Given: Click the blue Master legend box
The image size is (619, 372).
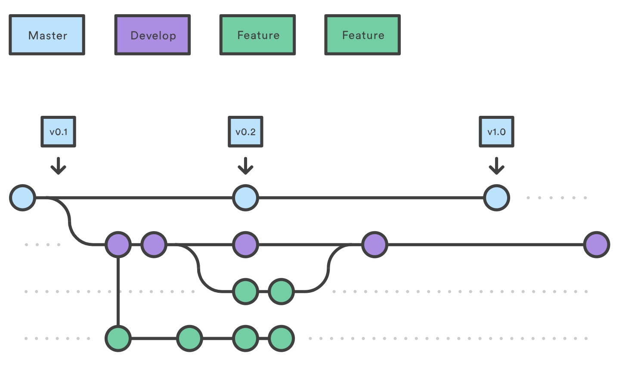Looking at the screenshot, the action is pyautogui.click(x=47, y=35).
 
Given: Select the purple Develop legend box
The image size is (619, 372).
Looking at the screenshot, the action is pyautogui.click(x=152, y=35).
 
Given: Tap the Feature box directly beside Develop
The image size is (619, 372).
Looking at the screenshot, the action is pyautogui.click(x=257, y=35).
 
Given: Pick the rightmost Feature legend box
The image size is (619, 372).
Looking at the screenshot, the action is pyautogui.click(x=362, y=35).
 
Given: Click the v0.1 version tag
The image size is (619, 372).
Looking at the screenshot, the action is pyautogui.click(x=58, y=132).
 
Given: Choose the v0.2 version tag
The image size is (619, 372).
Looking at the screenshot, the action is pyautogui.click(x=245, y=132).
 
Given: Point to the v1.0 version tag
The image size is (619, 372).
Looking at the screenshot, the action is pyautogui.click(x=497, y=132).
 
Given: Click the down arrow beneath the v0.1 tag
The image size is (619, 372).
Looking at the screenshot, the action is pyautogui.click(x=58, y=166).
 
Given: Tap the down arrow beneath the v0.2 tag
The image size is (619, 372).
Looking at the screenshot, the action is pyautogui.click(x=245, y=166).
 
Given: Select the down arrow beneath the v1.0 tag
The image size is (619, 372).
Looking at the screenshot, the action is pyautogui.click(x=497, y=166).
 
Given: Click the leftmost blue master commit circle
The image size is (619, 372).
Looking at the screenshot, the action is pyautogui.click(x=23, y=198).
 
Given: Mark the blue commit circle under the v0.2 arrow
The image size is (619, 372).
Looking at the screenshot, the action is pyautogui.click(x=245, y=198).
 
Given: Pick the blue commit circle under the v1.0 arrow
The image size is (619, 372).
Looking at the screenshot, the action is pyautogui.click(x=497, y=198).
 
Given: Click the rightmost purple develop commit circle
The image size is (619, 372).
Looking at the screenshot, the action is pyautogui.click(x=597, y=245).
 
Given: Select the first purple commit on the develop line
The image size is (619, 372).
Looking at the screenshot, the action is pyautogui.click(x=118, y=245).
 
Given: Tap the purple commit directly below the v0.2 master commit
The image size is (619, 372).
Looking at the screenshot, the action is pyautogui.click(x=245, y=245).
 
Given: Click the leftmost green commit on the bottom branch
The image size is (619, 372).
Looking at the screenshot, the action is pyautogui.click(x=118, y=338).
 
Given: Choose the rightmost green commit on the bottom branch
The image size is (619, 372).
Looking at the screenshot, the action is pyautogui.click(x=281, y=338).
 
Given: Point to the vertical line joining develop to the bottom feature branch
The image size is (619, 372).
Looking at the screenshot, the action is pyautogui.click(x=118, y=291).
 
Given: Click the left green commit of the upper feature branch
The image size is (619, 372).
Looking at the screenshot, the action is pyautogui.click(x=245, y=291).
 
